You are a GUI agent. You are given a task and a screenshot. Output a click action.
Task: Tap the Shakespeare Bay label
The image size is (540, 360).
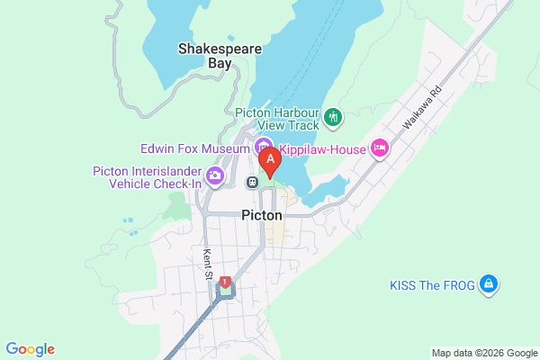pyautogui.click(x=206, y=56)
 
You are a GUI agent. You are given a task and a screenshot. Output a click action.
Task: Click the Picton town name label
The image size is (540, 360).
pyautogui.click(x=262, y=216)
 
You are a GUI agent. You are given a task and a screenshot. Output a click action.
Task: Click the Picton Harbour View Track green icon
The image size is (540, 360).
pyautogui.click(x=333, y=116)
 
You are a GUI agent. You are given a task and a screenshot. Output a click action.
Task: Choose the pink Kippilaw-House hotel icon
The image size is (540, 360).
pyautogui.click(x=379, y=147)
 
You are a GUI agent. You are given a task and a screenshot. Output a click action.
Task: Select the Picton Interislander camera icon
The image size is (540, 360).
pyautogui.click(x=215, y=175)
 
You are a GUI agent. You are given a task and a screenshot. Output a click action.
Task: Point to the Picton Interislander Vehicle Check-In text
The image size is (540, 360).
pyautogui.click(x=148, y=177)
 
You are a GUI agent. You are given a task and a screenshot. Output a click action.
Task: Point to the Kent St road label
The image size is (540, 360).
pyautogui.click(x=208, y=263)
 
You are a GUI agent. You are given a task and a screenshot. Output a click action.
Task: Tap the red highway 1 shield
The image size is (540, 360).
pyautogui.click(x=223, y=282)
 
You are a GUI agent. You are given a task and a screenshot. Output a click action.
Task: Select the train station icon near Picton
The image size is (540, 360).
pyautogui.click(x=253, y=182)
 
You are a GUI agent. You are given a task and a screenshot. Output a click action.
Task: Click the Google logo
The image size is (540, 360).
pyautogui.click(x=30, y=349)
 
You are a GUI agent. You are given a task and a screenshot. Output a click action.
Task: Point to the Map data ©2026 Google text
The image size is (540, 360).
pyautogui.click(x=482, y=352)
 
